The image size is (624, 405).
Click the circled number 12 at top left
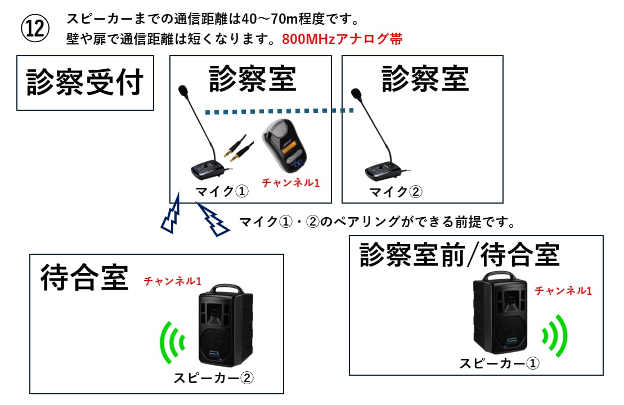pyautogui.click(x=35, y=28)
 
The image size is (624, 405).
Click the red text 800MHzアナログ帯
pyautogui.click(x=342, y=40)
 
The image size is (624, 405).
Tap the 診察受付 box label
pyautogui.click(x=85, y=83)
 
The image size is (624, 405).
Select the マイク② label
pyautogui.click(x=395, y=192)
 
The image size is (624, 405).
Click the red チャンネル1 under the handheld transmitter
pyautogui.click(x=291, y=182)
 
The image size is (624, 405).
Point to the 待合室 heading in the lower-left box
pyautogui.click(x=84, y=278)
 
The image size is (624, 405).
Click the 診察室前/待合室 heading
pyautogui.click(x=459, y=254)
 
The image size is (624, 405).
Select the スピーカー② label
pyautogui.click(x=213, y=377)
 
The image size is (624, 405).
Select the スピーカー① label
pyautogui.click(x=499, y=363)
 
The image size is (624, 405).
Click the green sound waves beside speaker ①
pyautogui.click(x=555, y=336)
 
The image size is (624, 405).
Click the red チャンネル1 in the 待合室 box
pyautogui.click(x=172, y=280)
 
